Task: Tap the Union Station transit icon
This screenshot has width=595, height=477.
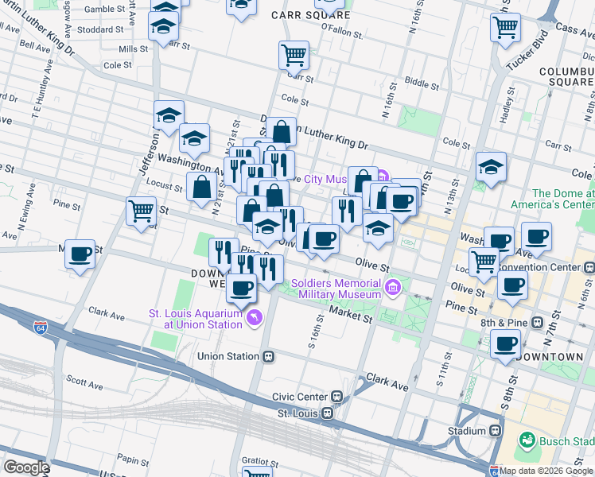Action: (x=269, y=356)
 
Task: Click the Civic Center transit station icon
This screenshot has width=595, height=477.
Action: (x=337, y=396)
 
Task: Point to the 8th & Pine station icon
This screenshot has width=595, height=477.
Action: (x=538, y=324)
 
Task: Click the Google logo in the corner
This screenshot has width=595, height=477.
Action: (x=26, y=467)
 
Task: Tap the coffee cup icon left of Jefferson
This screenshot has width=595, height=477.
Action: (x=80, y=254)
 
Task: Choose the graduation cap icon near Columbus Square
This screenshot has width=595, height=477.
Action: (x=491, y=167)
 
